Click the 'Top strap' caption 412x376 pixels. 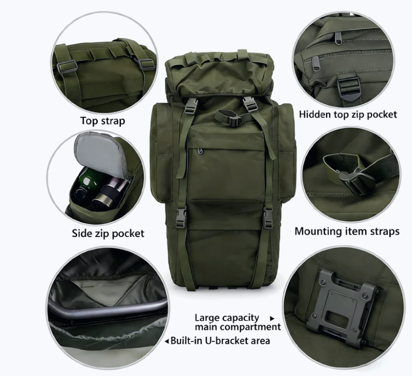[x=102, y=121]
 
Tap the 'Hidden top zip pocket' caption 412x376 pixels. [x=348, y=115]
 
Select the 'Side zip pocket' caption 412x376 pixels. [x=108, y=233]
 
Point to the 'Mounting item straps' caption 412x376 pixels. [x=347, y=231]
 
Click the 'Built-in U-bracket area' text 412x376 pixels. [x=220, y=341]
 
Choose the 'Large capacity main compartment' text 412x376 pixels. [x=238, y=322]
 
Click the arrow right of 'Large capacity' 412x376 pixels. [x=272, y=318]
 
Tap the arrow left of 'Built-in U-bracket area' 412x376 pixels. [x=167, y=341]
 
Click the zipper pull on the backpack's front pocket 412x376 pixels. [x=200, y=151]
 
